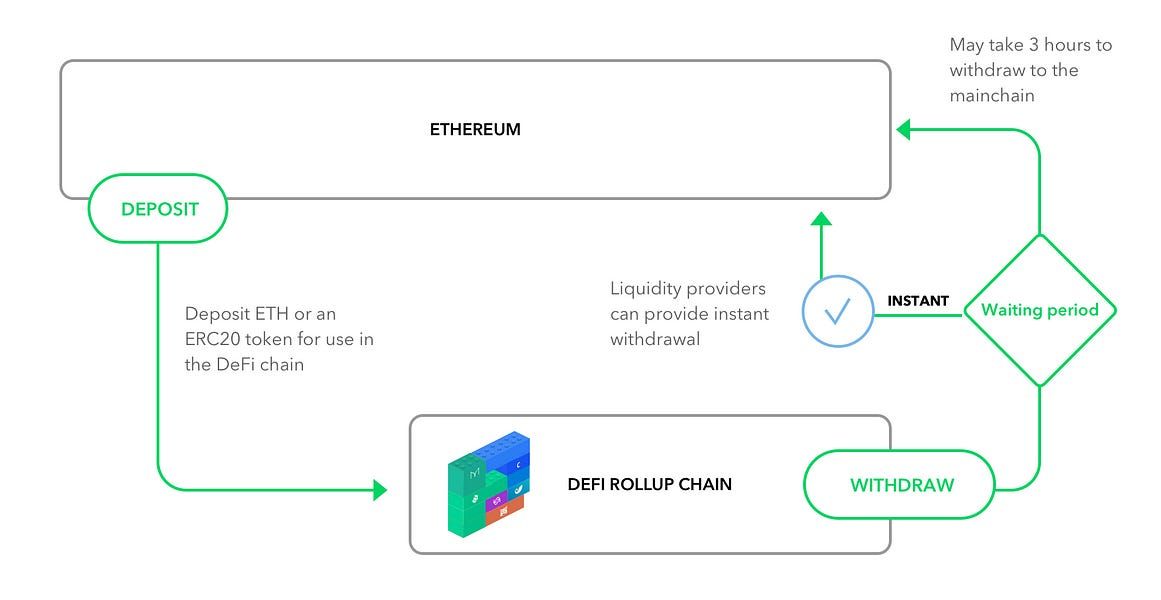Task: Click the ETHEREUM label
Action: [475, 130]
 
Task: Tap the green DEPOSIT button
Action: [158, 208]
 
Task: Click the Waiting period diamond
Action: [1040, 310]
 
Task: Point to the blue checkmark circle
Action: [838, 311]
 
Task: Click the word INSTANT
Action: [918, 301]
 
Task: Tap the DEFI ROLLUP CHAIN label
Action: [649, 484]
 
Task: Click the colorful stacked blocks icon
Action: [489, 483]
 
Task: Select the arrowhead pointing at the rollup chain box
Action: [380, 490]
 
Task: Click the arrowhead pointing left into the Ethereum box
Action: [903, 130]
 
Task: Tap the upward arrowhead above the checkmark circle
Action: [821, 219]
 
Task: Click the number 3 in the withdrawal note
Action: [1034, 45]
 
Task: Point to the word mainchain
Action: [992, 96]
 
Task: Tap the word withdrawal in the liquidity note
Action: [655, 339]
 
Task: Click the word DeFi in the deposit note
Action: [235, 364]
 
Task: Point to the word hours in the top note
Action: [1068, 45]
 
